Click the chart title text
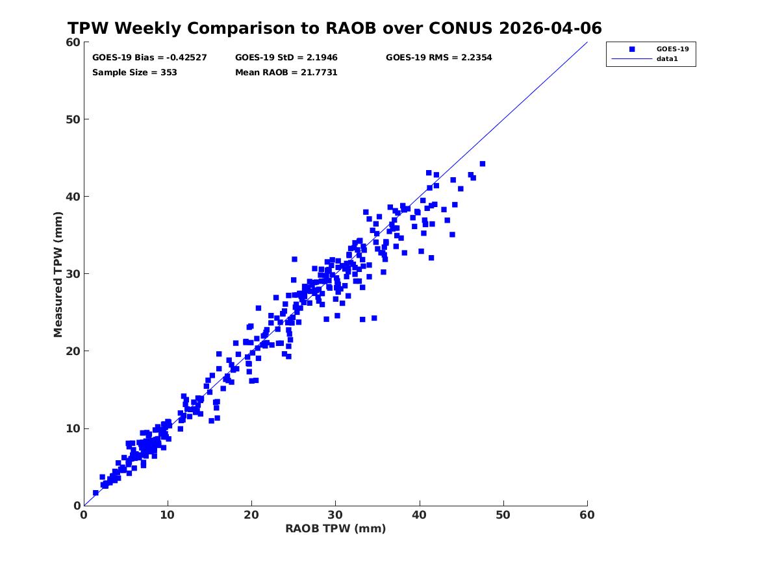tap(335, 29)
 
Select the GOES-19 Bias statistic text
tap(149, 58)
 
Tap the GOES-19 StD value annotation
tap(286, 58)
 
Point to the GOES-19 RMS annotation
tap(438, 58)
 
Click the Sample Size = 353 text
tap(134, 73)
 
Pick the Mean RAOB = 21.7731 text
tap(286, 73)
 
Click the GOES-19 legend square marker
tap(632, 49)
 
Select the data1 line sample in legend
tap(632, 59)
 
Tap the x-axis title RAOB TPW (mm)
tap(336, 528)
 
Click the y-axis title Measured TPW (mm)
tap(58, 275)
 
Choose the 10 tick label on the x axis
tap(168, 515)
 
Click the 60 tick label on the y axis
tap(73, 42)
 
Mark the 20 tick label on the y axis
tap(73, 351)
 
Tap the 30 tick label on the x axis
tap(335, 515)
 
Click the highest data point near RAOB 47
tap(482, 164)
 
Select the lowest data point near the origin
tap(95, 493)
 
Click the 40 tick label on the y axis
tap(73, 197)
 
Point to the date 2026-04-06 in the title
tap(550, 29)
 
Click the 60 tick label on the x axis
tap(587, 515)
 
